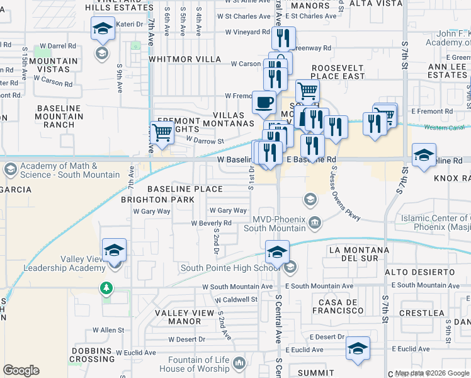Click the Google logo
[21, 370]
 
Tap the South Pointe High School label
[230, 268]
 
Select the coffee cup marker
[263, 101]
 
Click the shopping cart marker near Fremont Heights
[162, 132]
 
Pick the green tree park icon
[106, 289]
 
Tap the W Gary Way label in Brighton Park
[152, 212]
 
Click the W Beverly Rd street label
[211, 223]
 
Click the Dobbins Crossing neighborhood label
[91, 355]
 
